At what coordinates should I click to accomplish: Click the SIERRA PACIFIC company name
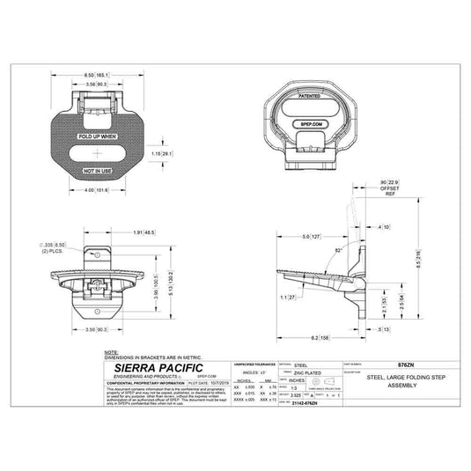pos(151,367)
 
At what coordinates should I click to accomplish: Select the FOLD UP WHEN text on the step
pos(96,136)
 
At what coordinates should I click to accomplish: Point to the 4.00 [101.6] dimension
pos(96,190)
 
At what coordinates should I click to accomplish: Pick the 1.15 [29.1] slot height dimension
pos(162,153)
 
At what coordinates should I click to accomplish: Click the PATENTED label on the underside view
pos(309,94)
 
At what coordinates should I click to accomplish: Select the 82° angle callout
pos(339,251)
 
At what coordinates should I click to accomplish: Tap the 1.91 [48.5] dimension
pos(144,232)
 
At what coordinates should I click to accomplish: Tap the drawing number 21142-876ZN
pos(305,401)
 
